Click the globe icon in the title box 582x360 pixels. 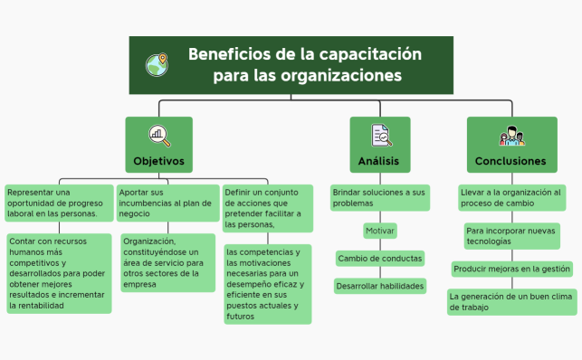point(157,65)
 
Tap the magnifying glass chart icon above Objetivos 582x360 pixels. point(158,135)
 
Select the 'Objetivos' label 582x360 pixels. point(158,161)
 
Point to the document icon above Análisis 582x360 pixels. point(380,135)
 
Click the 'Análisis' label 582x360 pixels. point(379,161)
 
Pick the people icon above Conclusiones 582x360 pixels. point(511,135)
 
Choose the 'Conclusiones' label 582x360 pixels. point(510,161)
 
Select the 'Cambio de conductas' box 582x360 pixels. point(380,259)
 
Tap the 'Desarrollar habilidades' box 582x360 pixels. point(380,286)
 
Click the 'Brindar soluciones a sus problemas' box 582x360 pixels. point(379,198)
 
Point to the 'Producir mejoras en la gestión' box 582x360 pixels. point(512,269)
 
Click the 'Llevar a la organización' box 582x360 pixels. point(511,198)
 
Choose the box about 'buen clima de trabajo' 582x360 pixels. point(511,301)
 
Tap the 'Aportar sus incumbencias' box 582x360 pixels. point(168,204)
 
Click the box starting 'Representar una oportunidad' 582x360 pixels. point(58,204)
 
